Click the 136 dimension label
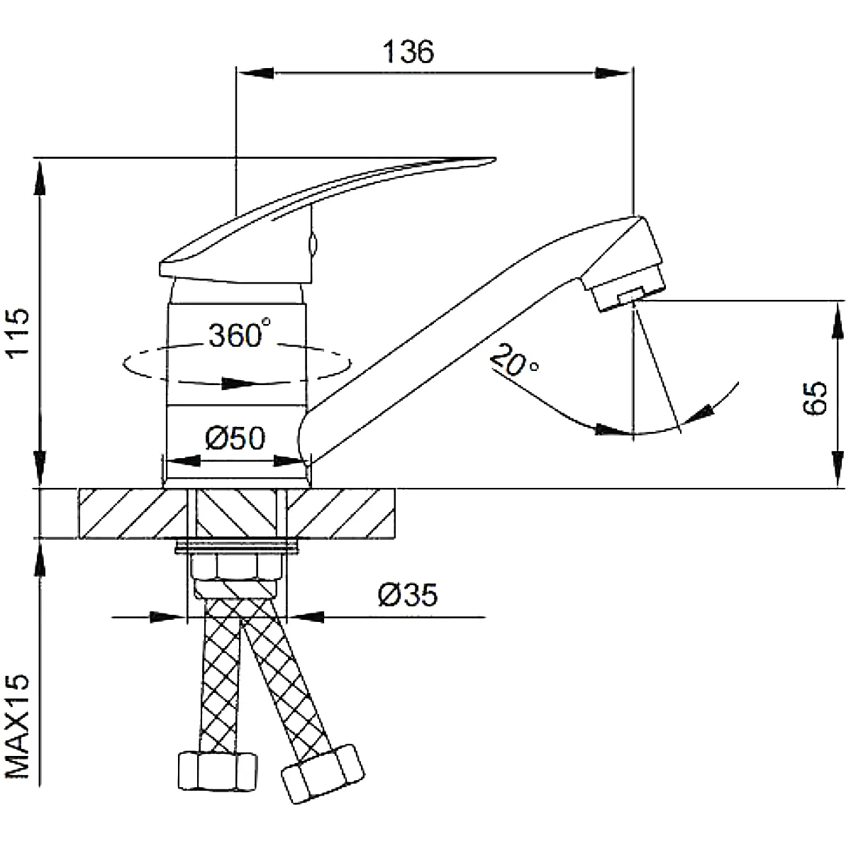tap(408, 51)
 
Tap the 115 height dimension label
tap(18, 333)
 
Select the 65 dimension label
tap(814, 397)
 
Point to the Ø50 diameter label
tap(235, 438)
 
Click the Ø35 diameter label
tap(408, 594)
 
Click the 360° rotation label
tap(239, 333)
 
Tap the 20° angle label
tap(513, 361)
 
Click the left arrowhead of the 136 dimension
tap(255, 73)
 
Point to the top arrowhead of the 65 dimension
tap(838, 320)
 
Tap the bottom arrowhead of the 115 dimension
tap(40, 469)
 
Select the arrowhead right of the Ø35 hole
tap(306, 617)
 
